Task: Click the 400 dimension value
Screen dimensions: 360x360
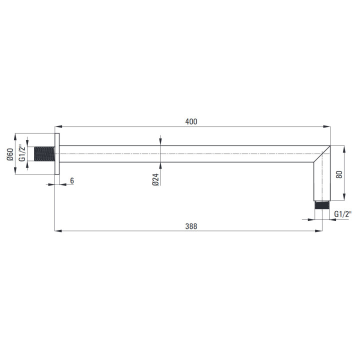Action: (191, 121)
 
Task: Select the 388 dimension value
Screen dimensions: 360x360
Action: (191, 226)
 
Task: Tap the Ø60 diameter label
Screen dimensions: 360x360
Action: (10, 154)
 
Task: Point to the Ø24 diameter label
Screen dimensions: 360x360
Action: (155, 179)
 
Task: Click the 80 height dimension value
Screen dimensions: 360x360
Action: (339, 174)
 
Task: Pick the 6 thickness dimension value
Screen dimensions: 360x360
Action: (72, 180)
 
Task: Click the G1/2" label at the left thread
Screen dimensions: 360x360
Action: (22, 153)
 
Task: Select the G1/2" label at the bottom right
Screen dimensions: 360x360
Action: (343, 214)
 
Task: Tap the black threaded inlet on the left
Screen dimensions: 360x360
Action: (44, 154)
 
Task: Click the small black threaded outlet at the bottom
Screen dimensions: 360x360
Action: (322, 205)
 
